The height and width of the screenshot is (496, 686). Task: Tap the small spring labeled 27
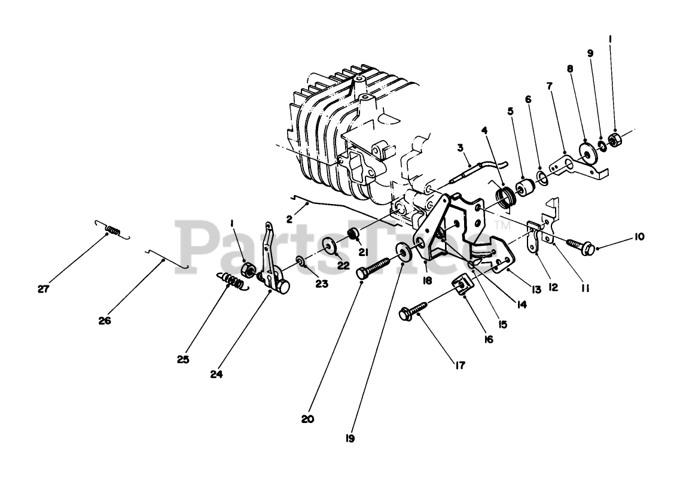(x=112, y=229)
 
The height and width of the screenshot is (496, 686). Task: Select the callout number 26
(x=105, y=320)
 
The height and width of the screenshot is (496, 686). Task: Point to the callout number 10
(x=640, y=236)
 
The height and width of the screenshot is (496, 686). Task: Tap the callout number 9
(x=590, y=53)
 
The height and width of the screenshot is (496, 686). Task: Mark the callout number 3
(x=461, y=147)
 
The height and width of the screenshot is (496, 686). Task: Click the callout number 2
(x=289, y=219)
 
